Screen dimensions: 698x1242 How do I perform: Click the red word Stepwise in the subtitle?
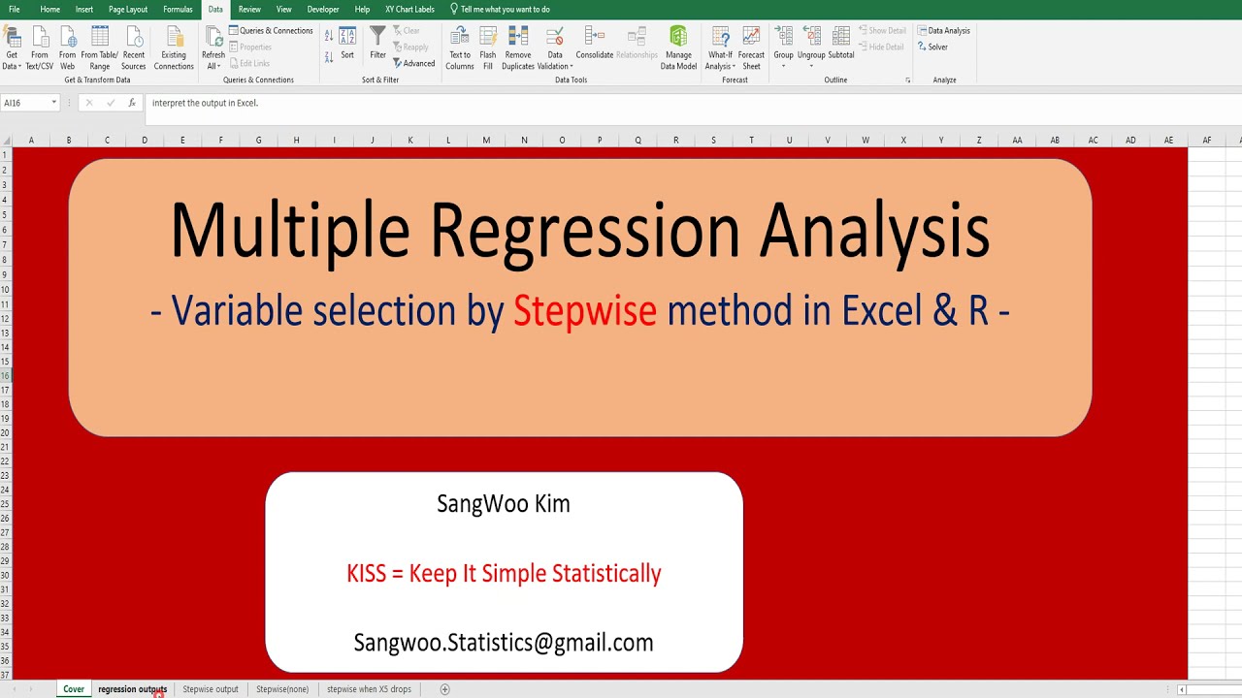[x=584, y=311]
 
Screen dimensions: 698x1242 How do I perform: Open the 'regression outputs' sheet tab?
[x=132, y=689]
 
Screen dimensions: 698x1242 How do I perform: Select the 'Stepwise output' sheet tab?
[x=211, y=689]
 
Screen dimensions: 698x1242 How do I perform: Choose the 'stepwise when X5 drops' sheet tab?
[x=369, y=689]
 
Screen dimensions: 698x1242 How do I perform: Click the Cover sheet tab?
[x=74, y=689]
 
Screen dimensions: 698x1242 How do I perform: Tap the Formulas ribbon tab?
[x=178, y=9]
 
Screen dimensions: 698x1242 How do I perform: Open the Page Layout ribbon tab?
[x=128, y=9]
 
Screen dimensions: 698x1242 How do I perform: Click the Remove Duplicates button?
[x=518, y=48]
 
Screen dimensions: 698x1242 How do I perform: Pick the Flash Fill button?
[x=488, y=48]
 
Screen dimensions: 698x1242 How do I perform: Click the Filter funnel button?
[x=377, y=43]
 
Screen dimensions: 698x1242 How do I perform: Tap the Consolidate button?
[x=594, y=43]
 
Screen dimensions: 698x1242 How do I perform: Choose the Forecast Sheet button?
[x=751, y=48]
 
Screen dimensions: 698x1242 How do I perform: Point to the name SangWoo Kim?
[x=504, y=504]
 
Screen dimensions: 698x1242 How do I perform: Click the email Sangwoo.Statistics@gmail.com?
[x=504, y=643]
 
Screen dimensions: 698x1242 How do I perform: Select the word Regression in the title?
[x=584, y=231]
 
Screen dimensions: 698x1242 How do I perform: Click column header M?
[x=486, y=141]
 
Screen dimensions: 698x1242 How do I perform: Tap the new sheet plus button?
[x=445, y=689]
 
